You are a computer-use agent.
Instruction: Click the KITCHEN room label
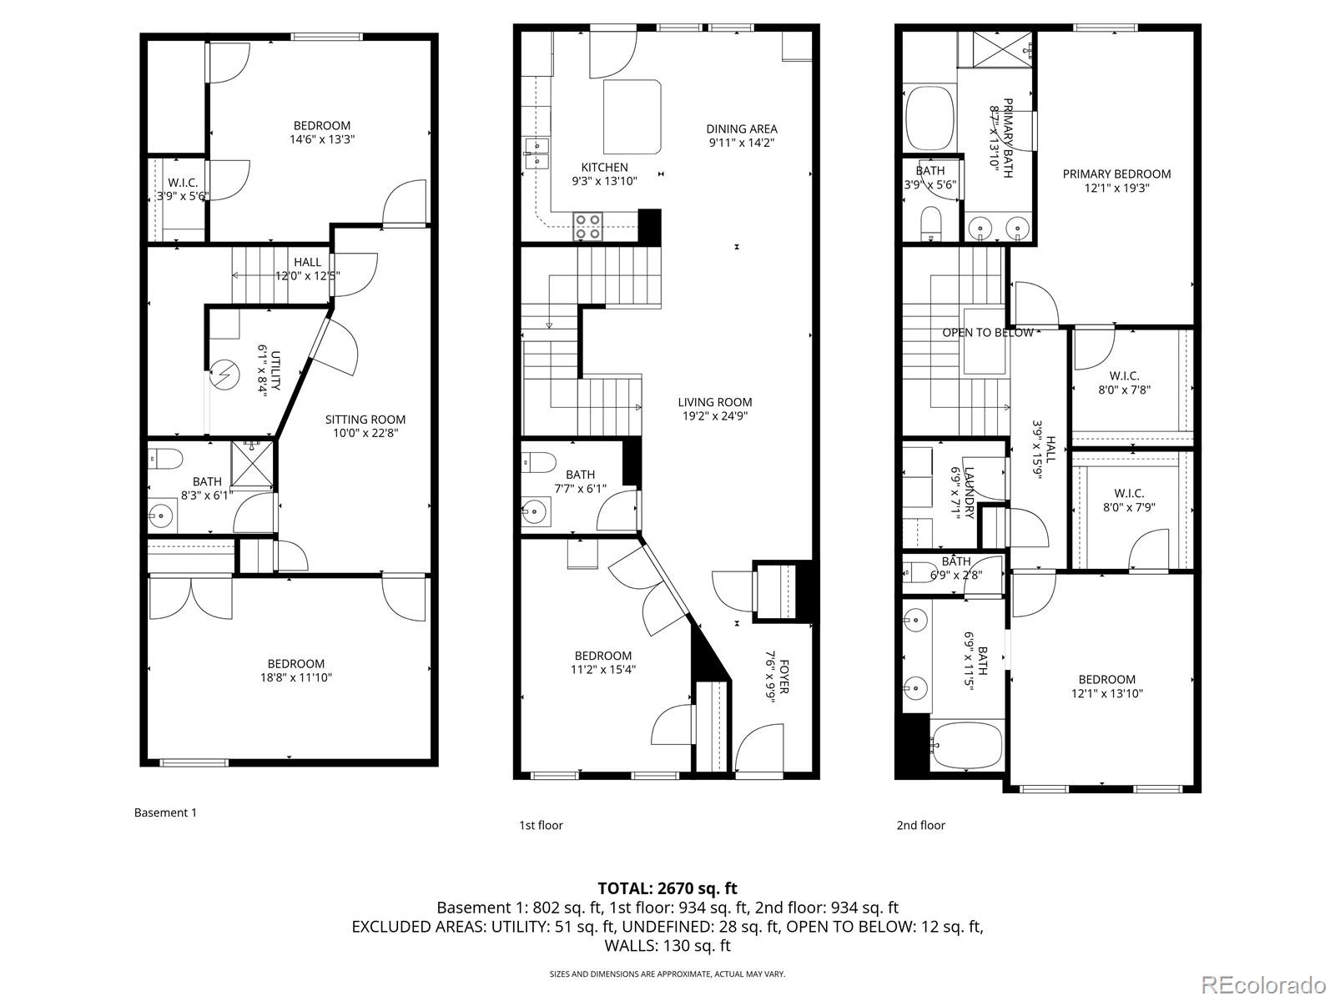(604, 168)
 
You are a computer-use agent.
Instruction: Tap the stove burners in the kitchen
(587, 227)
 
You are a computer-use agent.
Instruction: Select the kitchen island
(632, 117)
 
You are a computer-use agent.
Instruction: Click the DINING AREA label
(742, 128)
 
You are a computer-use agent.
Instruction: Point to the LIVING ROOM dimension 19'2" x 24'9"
(714, 415)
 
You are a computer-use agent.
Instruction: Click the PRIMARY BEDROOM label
(1116, 174)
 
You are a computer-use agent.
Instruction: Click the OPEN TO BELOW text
(988, 332)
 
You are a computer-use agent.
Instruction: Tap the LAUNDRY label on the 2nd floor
(969, 492)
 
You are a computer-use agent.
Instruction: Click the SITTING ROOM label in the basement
(365, 420)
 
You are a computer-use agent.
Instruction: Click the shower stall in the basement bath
(252, 464)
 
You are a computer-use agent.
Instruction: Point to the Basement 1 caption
(165, 812)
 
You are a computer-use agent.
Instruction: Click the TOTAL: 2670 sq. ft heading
(667, 888)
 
